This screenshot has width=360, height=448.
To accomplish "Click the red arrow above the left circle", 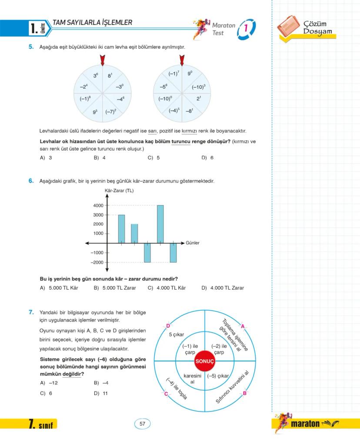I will pyautogui.click(x=102, y=60).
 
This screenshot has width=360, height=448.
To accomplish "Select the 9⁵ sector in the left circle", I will pyautogui.click(x=95, y=112).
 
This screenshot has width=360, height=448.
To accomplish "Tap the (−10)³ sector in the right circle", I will pyautogui.click(x=198, y=87).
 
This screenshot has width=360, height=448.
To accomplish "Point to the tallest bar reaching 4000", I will pyautogui.click(x=160, y=224).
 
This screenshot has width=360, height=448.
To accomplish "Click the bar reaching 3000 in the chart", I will pyautogui.click(x=121, y=229).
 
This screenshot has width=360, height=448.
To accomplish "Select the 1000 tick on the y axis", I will pyautogui.click(x=98, y=234).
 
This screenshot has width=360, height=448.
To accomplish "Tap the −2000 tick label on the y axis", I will pyautogui.click(x=97, y=262).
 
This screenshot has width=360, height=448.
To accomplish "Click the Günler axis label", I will pyautogui.click(x=193, y=243).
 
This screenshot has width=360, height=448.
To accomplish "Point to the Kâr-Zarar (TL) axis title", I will pyautogui.click(x=120, y=191).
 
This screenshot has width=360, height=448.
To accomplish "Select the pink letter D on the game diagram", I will pyautogui.click(x=168, y=326).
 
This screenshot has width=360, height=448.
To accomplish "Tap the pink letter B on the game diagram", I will pyautogui.click(x=244, y=394).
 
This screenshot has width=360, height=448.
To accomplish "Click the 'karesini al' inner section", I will pyautogui.click(x=192, y=378).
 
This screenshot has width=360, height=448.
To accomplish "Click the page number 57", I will pyautogui.click(x=142, y=424).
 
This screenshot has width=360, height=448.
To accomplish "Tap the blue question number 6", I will pyautogui.click(x=31, y=181).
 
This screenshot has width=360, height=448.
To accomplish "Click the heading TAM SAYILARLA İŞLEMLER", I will pyautogui.click(x=92, y=23).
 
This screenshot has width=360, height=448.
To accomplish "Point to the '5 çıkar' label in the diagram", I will pyautogui.click(x=177, y=334).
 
